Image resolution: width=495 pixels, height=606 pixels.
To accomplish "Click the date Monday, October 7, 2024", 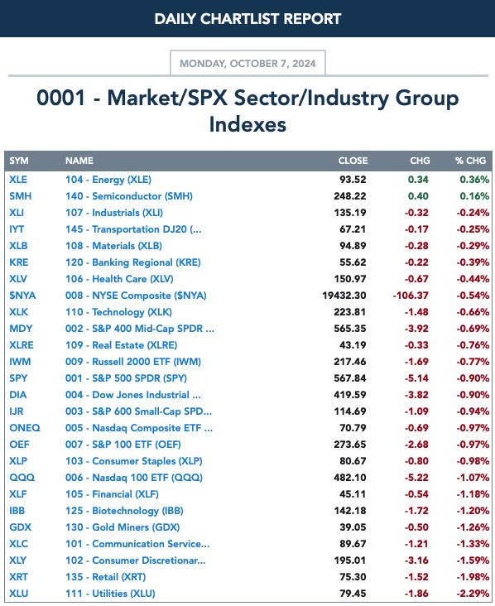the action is click(x=247, y=64).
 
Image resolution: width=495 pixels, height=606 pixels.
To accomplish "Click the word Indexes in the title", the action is click(x=247, y=124).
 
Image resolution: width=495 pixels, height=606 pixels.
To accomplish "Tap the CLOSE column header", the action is click(x=353, y=161).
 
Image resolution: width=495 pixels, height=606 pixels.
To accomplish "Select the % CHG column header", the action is click(x=470, y=161).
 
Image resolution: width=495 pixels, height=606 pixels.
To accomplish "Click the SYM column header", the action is click(x=19, y=161).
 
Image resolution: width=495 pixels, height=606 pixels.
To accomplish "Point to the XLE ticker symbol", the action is click(x=18, y=180).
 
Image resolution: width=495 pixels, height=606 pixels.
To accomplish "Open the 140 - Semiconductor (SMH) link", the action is click(x=129, y=196).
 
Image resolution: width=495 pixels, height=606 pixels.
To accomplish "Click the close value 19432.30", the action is click(x=344, y=296).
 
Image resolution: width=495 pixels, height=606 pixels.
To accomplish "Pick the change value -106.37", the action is click(x=411, y=296).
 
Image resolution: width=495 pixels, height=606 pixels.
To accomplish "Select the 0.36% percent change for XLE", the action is click(x=474, y=180).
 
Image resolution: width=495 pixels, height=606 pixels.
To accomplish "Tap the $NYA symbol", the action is click(x=22, y=296).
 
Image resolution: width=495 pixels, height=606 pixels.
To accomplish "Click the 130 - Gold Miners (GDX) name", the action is click(x=123, y=527).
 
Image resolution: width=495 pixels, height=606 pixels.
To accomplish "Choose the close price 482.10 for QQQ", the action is click(x=349, y=478).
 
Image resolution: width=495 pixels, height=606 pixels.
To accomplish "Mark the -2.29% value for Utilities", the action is click(x=473, y=594).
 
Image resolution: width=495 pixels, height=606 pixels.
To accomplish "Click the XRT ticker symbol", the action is click(x=18, y=577).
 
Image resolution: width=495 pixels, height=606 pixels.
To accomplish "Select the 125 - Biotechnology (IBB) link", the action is click(x=124, y=511).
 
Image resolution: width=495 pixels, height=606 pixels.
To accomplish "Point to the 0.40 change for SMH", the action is click(x=418, y=196).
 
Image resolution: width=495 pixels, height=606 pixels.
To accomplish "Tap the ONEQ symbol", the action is click(x=25, y=428).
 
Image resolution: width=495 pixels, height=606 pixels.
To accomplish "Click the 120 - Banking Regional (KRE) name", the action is click(x=133, y=262).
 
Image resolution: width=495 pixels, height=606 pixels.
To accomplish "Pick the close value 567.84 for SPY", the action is click(x=349, y=378).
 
